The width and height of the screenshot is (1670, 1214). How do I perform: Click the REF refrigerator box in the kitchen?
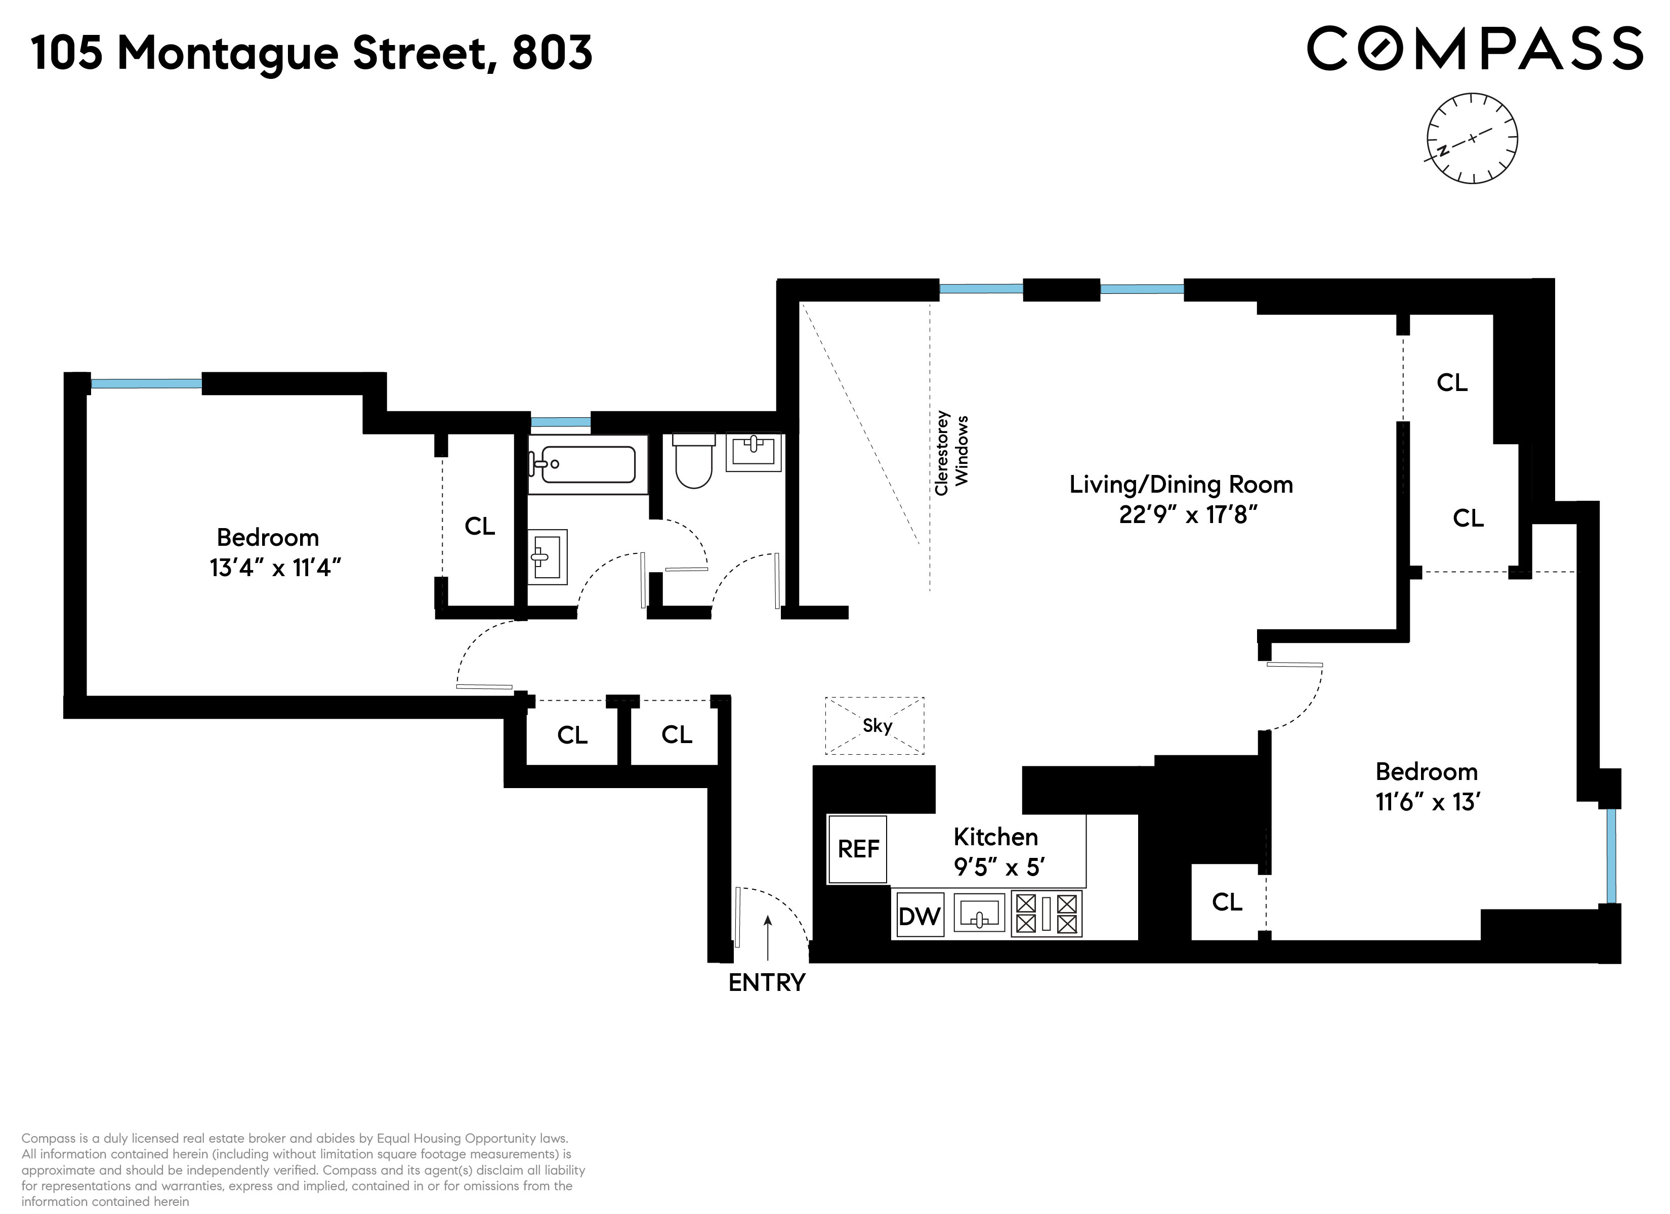[857, 849]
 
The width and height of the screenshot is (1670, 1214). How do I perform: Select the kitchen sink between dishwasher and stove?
[979, 914]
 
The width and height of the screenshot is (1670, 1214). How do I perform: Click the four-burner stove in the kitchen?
[1047, 914]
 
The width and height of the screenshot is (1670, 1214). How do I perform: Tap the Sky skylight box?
[875, 726]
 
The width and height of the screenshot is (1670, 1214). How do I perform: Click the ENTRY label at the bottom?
[767, 983]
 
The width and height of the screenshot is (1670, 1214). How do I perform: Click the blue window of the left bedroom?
[146, 383]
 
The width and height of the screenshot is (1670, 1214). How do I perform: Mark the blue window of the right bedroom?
[1611, 855]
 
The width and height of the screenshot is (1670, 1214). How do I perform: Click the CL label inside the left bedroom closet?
[479, 527]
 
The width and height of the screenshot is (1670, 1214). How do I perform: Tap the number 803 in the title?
[552, 53]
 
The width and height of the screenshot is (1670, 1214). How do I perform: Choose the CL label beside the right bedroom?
[1227, 902]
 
